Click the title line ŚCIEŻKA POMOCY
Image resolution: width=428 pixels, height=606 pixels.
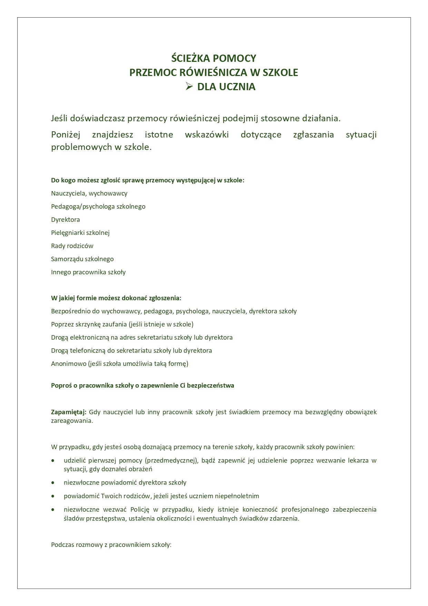214,58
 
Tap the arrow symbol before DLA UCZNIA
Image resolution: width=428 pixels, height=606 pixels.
189,86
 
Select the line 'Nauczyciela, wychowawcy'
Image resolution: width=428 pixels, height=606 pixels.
89,193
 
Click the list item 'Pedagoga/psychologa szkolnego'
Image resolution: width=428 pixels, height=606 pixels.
98,207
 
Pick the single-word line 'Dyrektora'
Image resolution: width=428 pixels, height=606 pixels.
65,220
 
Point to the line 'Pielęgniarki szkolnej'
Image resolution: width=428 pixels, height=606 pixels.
80,233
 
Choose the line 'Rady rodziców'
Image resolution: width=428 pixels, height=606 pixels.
72,246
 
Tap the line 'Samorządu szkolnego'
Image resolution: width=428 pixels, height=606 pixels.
82,259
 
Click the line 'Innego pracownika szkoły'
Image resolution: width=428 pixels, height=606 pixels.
88,272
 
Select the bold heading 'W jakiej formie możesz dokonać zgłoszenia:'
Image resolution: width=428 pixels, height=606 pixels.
116,298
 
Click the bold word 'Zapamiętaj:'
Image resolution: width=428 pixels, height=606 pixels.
68,412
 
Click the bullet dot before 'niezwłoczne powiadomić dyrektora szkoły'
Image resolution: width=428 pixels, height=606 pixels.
53,483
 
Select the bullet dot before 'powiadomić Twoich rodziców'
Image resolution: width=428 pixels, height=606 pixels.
53,496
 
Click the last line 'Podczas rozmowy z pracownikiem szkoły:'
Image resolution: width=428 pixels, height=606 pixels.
111,545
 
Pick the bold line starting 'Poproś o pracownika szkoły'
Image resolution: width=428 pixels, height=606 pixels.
142,386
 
